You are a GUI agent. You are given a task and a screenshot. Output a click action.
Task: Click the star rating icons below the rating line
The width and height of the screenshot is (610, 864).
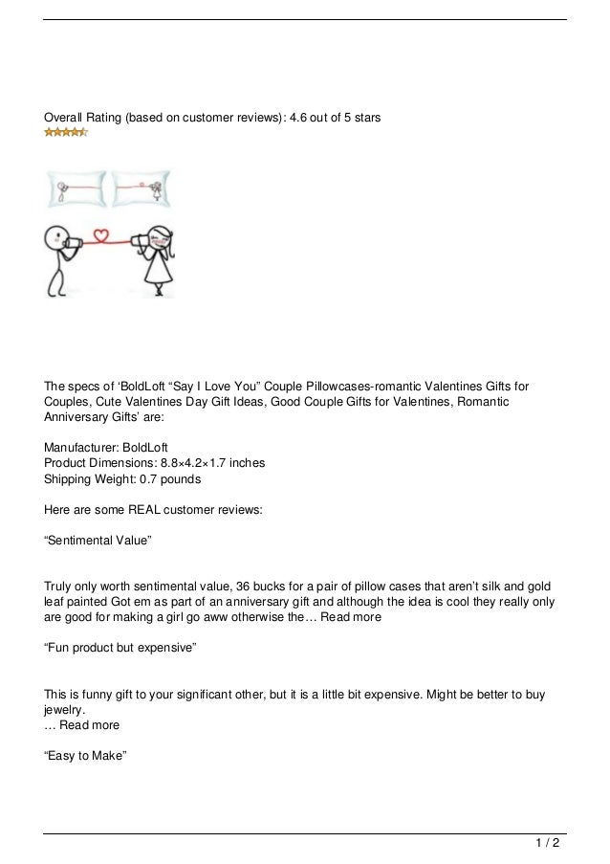point(66,132)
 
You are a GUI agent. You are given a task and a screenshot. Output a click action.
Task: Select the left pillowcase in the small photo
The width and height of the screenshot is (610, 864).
point(76,188)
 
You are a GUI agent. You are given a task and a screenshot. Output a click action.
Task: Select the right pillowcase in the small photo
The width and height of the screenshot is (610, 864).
point(142,188)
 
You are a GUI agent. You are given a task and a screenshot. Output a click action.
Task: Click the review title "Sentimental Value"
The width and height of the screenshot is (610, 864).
point(98,542)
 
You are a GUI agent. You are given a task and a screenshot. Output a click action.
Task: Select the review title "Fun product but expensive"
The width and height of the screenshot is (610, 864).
point(120,649)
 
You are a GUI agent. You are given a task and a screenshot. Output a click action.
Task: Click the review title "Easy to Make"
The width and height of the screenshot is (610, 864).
point(86,756)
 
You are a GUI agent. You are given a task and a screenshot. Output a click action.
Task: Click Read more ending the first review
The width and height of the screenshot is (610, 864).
point(351,618)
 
